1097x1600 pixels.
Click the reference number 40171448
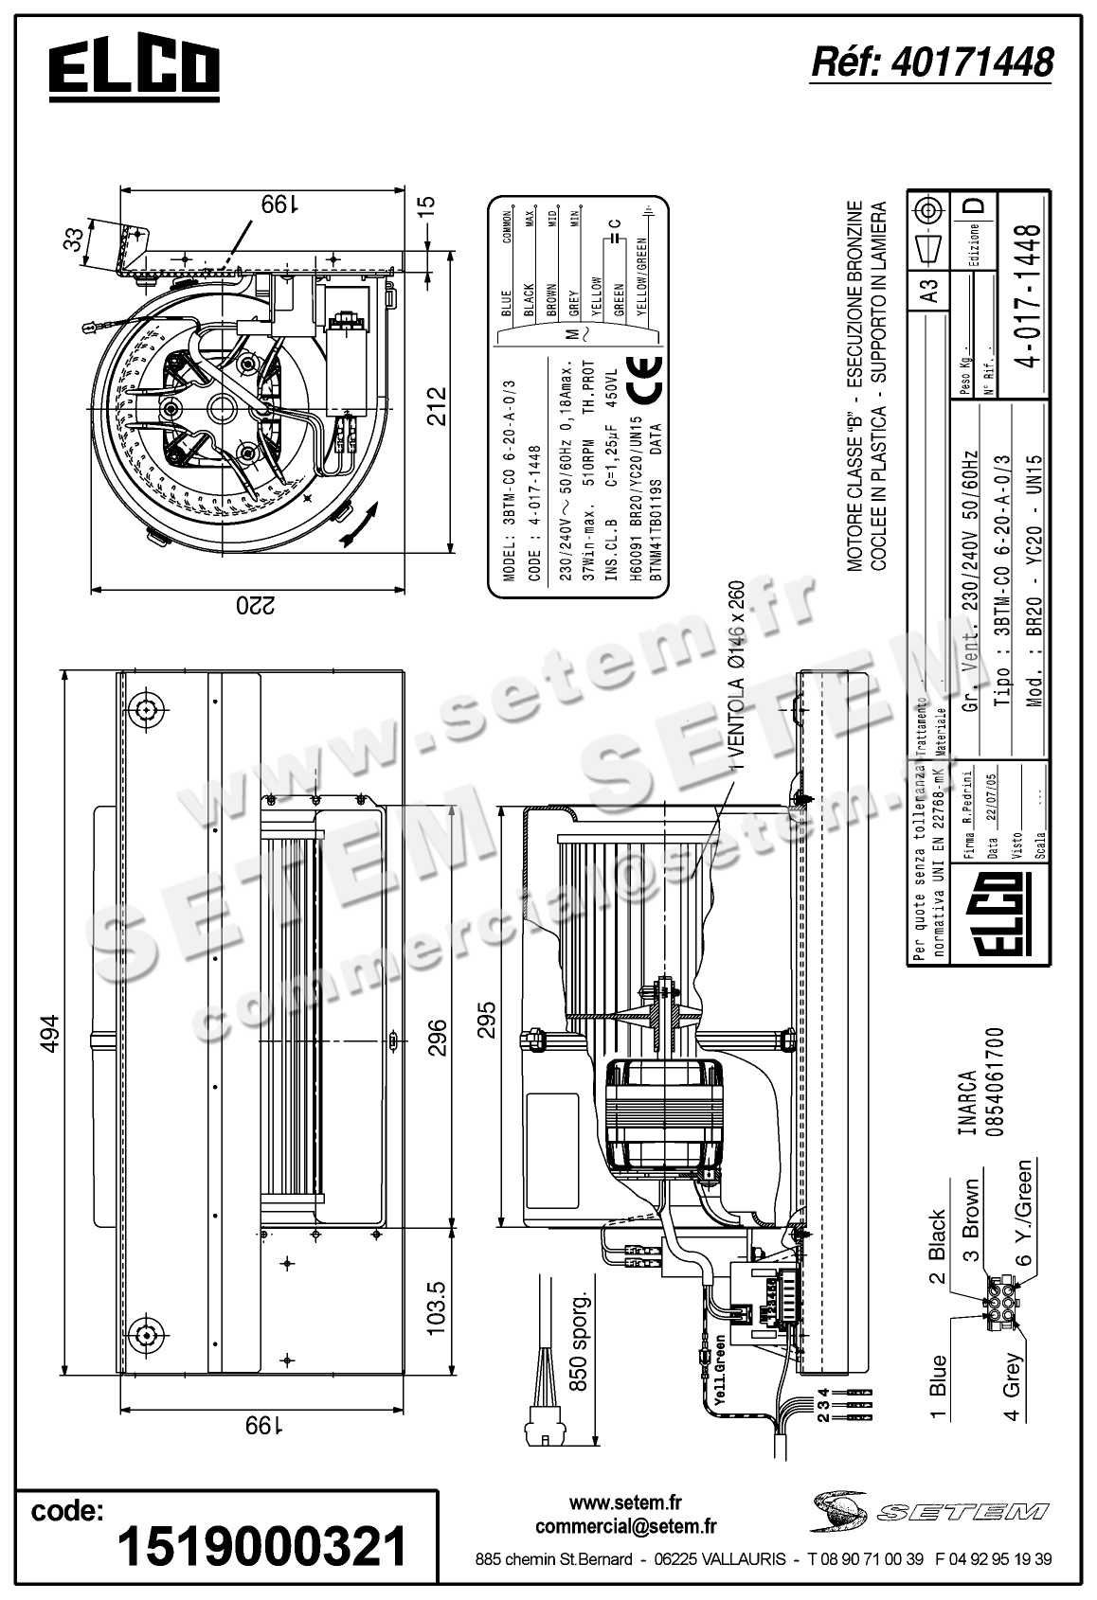click(932, 62)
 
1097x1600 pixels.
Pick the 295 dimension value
click(486, 1021)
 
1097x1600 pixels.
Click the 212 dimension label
click(435, 407)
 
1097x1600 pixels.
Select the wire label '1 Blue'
click(937, 1388)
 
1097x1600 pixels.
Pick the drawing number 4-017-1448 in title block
click(1027, 294)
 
